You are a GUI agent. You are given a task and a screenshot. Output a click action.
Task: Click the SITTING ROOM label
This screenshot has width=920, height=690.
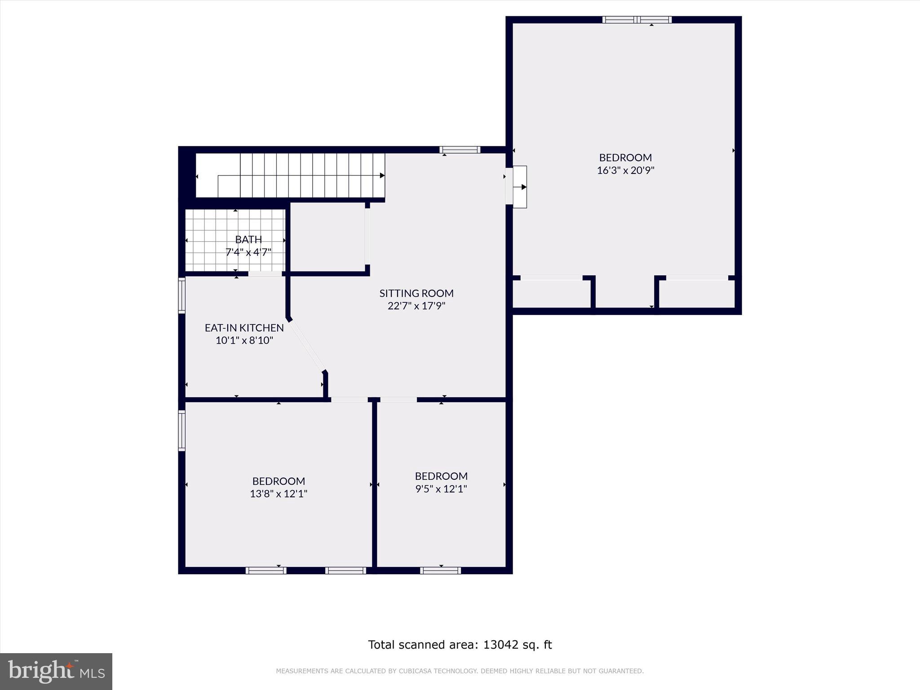click(x=416, y=293)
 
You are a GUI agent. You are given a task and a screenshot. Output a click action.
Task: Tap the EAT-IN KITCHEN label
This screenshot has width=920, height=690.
click(x=244, y=328)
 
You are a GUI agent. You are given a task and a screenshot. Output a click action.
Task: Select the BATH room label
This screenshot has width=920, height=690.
click(x=248, y=239)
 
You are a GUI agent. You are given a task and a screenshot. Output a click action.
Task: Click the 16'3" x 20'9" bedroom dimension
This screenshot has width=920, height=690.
click(x=625, y=171)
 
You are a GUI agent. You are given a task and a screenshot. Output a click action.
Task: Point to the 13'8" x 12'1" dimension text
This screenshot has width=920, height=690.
click(x=279, y=494)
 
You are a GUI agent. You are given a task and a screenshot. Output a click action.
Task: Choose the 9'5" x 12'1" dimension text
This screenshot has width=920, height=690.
click(x=441, y=489)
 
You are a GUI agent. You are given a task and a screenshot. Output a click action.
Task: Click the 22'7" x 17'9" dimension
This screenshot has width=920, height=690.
click(x=416, y=306)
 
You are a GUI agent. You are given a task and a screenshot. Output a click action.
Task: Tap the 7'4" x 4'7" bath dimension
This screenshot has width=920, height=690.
click(x=248, y=252)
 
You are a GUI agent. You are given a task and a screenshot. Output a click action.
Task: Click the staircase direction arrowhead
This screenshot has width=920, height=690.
click(x=382, y=175)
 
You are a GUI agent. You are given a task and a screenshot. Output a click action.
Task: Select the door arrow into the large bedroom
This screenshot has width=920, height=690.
click(x=523, y=187)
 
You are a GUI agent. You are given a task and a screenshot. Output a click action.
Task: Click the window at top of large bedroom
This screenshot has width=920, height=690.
click(x=637, y=20)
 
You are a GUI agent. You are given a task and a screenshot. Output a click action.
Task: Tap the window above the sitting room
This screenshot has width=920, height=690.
click(x=460, y=150)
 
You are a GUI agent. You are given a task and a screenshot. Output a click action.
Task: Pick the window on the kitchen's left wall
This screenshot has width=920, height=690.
click(x=182, y=295)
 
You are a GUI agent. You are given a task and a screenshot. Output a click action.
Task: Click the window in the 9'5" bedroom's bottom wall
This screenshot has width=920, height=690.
click(x=440, y=571)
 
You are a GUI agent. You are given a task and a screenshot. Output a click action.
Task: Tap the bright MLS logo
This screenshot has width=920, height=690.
click(x=56, y=671)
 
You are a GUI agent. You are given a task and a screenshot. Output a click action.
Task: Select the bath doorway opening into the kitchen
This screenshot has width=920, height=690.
click(x=265, y=274)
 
